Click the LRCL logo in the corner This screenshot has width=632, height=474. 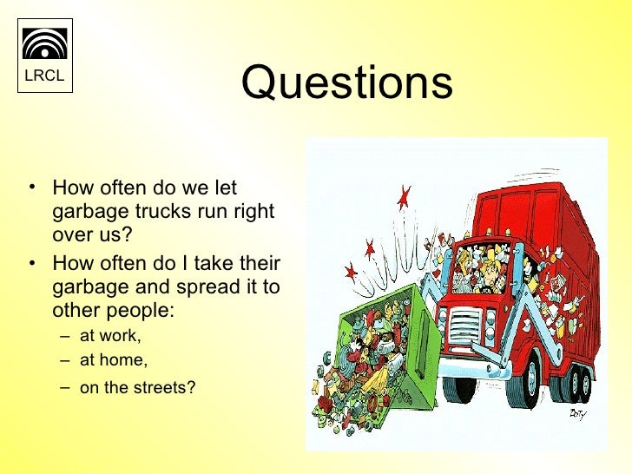44,54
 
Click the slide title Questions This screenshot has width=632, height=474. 346,83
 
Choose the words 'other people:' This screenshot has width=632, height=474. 114,310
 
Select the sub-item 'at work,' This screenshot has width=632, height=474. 110,336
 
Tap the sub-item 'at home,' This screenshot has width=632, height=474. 114,359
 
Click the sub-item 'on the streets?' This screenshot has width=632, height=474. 137,388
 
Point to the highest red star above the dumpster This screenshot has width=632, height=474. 403,197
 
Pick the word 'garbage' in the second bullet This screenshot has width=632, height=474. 88,287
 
